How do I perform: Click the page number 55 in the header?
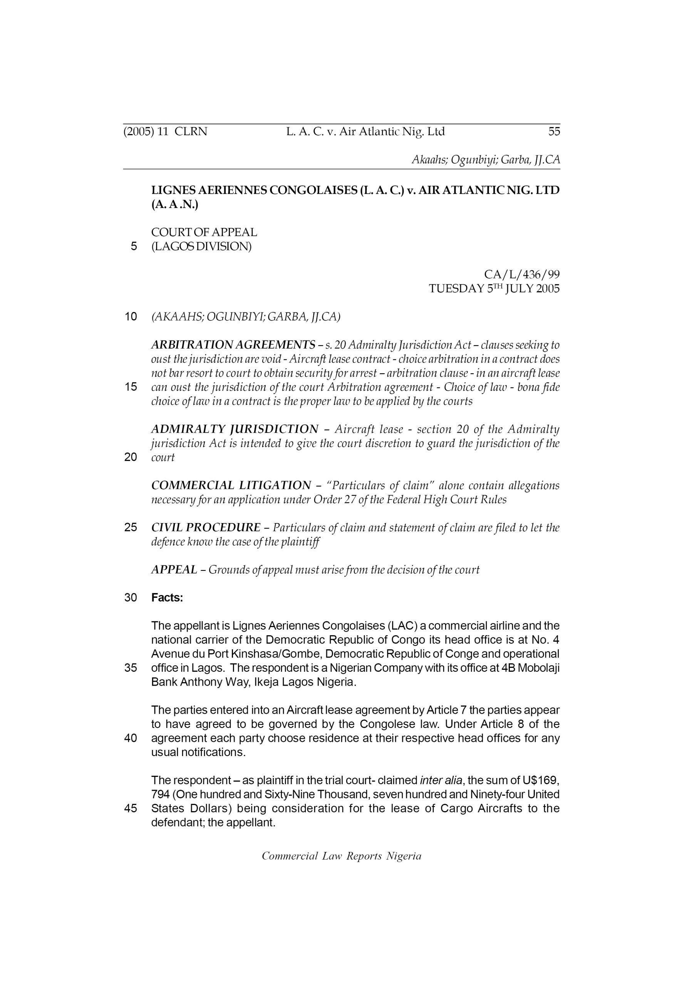pos(554,131)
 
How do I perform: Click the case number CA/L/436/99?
pos(521,274)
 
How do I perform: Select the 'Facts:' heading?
pos(167,598)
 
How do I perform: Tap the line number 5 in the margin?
pos(134,246)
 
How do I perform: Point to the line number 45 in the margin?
pos(131,809)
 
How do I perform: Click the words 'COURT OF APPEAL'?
pos(204,232)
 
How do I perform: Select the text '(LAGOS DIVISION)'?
pos(201,246)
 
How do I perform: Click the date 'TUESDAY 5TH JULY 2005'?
pos(494,288)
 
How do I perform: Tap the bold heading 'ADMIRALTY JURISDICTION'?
pos(235,429)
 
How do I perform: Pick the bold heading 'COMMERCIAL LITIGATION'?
pos(231,485)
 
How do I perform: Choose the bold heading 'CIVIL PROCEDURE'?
pos(206,527)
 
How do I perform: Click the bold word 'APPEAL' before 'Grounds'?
pos(174,570)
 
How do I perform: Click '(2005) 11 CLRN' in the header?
pos(165,131)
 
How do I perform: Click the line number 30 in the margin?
pos(131,598)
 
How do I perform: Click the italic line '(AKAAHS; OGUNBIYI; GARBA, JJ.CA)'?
pos(246,317)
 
